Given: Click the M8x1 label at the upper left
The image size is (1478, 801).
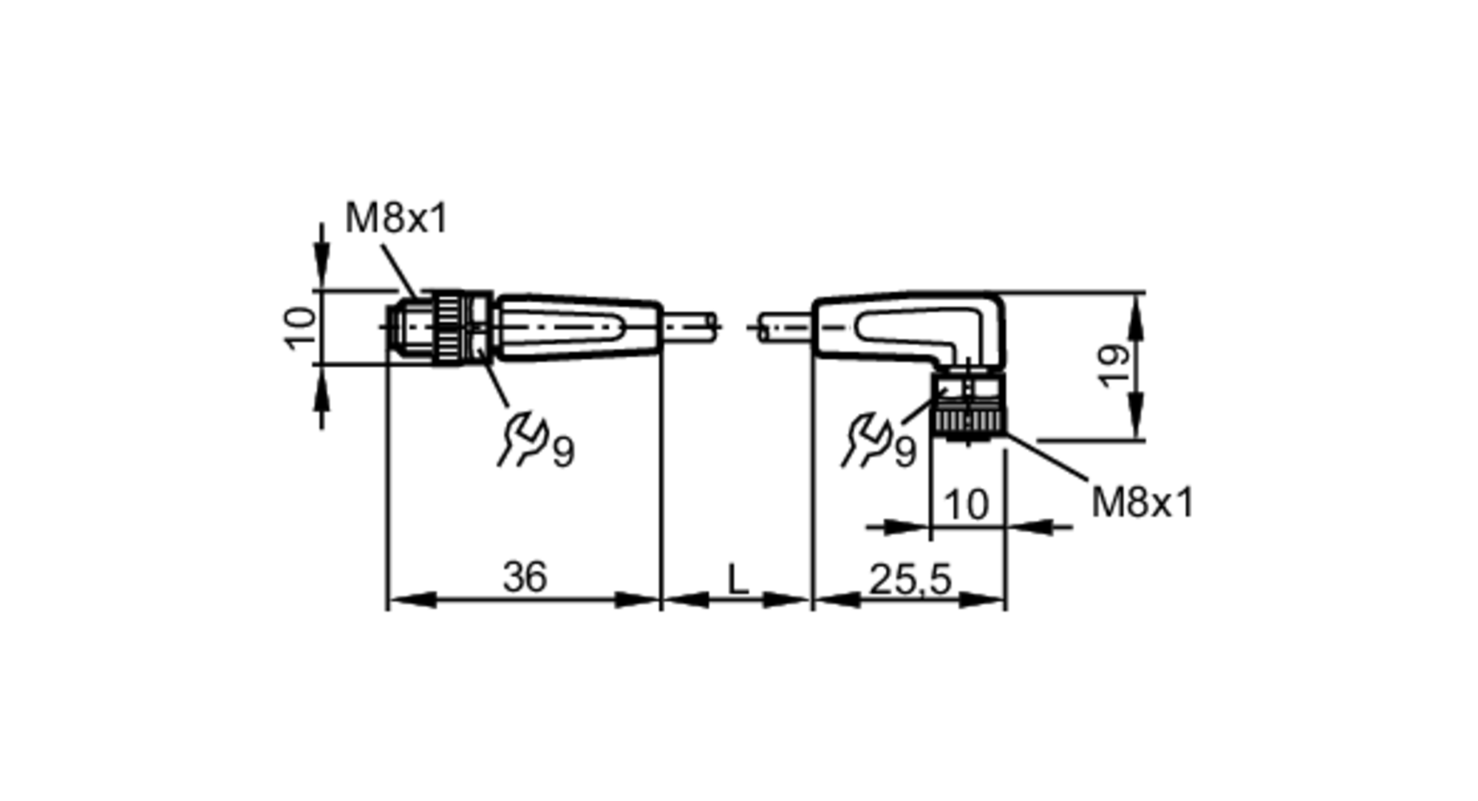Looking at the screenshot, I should (x=396, y=219).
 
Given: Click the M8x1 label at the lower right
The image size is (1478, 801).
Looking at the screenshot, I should (x=1142, y=503).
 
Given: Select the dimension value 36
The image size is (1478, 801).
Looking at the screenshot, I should (x=525, y=577).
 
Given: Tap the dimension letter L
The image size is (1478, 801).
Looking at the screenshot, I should (x=738, y=580).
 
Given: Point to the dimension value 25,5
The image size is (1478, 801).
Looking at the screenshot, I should (x=910, y=579).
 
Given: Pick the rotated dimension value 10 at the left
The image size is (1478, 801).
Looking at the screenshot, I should (x=301, y=328).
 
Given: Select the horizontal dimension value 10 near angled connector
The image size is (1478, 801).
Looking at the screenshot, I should (x=966, y=505).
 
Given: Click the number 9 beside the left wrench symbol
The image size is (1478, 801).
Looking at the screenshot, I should (x=563, y=451).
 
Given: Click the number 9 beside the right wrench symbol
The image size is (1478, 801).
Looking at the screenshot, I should (x=905, y=451).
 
